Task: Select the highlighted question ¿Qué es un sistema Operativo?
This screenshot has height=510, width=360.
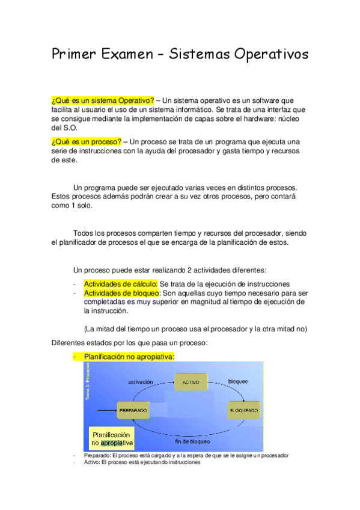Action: pyautogui.click(x=102, y=100)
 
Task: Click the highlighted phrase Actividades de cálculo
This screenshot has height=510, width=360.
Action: pyautogui.click(x=120, y=284)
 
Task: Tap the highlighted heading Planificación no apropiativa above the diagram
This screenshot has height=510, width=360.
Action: pyautogui.click(x=129, y=357)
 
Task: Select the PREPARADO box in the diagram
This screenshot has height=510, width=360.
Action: pyautogui.click(x=133, y=410)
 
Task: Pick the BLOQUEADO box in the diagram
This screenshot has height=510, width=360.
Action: pyautogui.click(x=243, y=410)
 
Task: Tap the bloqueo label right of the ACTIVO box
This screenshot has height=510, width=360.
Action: pyautogui.click(x=237, y=381)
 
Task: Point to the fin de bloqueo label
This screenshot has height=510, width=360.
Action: pyautogui.click(x=192, y=441)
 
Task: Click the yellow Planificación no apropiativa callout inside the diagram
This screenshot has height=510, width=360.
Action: pyautogui.click(x=112, y=438)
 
